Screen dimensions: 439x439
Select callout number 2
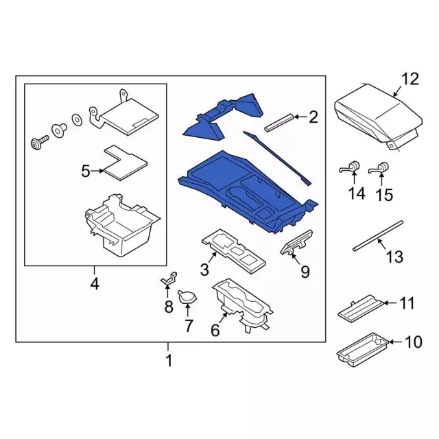313,117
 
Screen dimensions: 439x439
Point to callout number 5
86,171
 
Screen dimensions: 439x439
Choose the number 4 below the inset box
95,283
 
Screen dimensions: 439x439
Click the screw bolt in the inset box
37,142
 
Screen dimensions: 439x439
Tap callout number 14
356,193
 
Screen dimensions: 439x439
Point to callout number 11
407,302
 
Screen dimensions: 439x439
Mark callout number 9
305,272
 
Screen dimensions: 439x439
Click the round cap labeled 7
187,296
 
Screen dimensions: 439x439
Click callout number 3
205,270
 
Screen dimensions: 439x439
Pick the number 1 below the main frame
169,361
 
